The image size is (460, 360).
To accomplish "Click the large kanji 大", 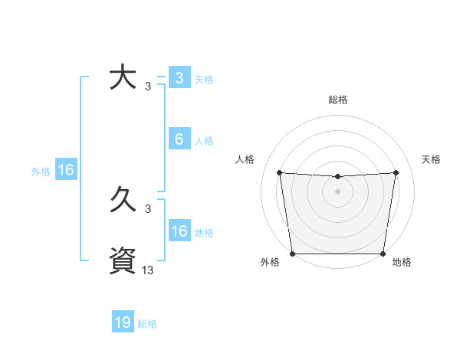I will [123, 78].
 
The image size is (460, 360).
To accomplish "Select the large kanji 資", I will [123, 260].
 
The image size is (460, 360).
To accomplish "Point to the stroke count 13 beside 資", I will [148, 270].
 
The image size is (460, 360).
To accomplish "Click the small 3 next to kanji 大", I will [148, 87].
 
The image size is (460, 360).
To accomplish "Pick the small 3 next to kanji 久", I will [148, 208].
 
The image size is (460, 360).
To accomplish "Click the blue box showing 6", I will [179, 139].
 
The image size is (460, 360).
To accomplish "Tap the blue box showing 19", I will [123, 322].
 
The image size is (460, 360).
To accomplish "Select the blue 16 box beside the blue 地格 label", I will [179, 231].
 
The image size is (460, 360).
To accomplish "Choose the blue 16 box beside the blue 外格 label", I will [66, 170].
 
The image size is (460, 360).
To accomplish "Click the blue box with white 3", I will [179, 78].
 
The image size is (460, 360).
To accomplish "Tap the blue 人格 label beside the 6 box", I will [204, 141].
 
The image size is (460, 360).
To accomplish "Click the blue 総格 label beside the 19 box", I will [147, 324].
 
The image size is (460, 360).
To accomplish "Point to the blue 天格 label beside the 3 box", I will [204, 80].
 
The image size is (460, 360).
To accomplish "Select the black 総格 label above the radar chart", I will [337, 100].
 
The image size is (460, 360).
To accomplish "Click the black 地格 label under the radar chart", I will [402, 263].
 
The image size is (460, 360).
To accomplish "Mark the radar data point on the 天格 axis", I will [396, 172].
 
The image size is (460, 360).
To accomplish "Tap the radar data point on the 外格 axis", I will [292, 254].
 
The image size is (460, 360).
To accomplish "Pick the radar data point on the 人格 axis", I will [279, 172].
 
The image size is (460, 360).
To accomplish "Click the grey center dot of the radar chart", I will [337, 191].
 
